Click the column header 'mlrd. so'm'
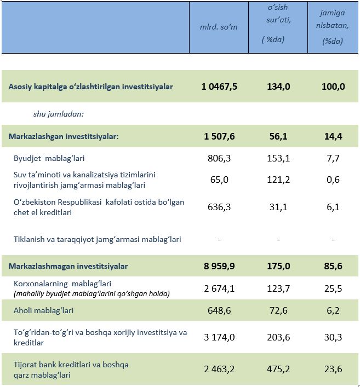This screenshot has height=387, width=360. click(x=219, y=27)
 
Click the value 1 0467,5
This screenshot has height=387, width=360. click(x=219, y=86)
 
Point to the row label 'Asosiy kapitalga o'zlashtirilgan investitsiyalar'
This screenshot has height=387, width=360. click(x=90, y=86)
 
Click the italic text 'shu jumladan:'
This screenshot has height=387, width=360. click(x=59, y=114)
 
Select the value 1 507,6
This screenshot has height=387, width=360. click(x=219, y=136)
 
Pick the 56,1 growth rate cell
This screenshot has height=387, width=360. click(x=278, y=136)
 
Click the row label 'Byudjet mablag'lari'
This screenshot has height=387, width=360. click(x=49, y=158)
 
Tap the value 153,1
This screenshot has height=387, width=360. click(x=278, y=158)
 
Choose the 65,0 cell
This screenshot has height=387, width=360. click(x=219, y=180)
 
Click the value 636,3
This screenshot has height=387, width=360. click(x=219, y=207)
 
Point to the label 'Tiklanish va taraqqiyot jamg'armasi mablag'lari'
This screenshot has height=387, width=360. click(x=98, y=239)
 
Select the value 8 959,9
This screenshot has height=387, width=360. click(x=219, y=266)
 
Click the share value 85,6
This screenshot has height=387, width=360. click(x=333, y=266)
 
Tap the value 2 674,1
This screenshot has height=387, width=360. click(x=219, y=288)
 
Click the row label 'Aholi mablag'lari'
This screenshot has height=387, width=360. click(x=43, y=310)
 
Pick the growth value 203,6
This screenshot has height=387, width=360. click(x=278, y=337)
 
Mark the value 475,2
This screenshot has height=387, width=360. click(x=278, y=369)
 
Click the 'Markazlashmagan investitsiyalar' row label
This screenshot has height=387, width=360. click(x=68, y=267)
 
